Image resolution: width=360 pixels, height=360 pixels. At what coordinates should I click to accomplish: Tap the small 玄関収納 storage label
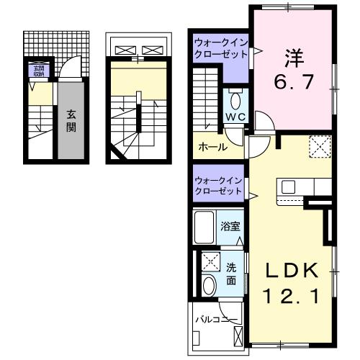tap(35, 71)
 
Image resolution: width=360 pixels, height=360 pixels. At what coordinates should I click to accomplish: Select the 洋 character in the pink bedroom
tap(292, 55)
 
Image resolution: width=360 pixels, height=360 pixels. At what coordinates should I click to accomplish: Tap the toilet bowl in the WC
tap(236, 99)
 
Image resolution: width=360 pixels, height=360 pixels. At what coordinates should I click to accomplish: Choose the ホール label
tap(213, 147)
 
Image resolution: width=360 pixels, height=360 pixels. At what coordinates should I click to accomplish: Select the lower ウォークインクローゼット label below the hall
tap(219, 185)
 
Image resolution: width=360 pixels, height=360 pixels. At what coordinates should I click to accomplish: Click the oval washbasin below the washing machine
tap(209, 285)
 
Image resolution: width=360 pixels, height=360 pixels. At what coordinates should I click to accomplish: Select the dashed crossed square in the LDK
tap(319, 146)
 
